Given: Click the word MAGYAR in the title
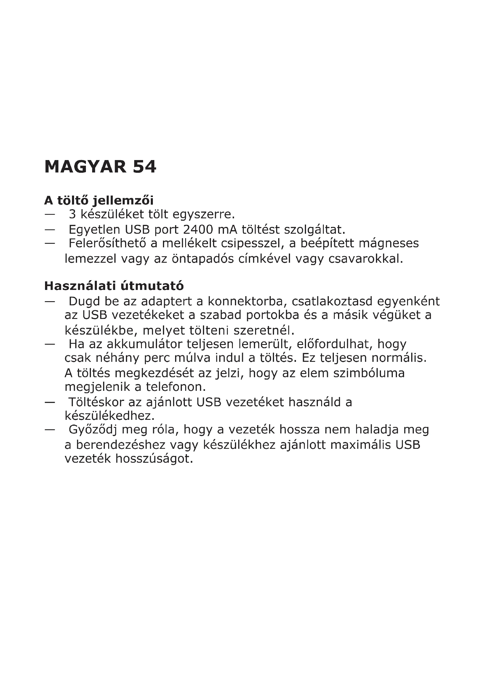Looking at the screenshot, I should point(85,167).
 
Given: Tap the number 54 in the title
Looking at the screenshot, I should point(144,167).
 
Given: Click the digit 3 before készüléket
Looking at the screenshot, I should point(72,214).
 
